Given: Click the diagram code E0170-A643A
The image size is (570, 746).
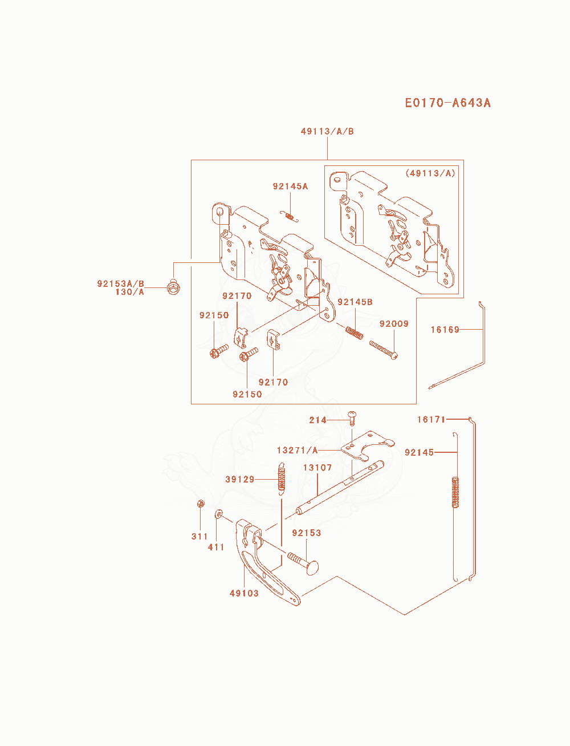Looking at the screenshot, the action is [447, 103].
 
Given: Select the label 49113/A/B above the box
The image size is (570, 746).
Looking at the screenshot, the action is [327, 131].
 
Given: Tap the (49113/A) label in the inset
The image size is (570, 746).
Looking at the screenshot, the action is [430, 173].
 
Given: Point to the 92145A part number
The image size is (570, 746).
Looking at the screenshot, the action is [290, 186].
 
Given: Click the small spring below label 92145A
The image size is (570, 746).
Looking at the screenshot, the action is [290, 217].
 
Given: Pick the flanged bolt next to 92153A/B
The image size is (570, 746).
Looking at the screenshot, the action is [173, 287].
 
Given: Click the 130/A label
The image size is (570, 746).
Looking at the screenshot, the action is [130, 292].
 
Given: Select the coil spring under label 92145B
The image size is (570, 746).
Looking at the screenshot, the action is [355, 333].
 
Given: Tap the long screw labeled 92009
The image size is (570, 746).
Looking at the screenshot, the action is [384, 350].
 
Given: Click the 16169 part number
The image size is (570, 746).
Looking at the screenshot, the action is [445, 329].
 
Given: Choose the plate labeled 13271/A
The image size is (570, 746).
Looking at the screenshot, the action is [367, 445].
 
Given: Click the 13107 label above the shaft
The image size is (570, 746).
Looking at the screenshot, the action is [317, 467].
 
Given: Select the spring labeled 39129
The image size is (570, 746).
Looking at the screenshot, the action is [282, 479].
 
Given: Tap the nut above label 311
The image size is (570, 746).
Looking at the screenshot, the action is [201, 504].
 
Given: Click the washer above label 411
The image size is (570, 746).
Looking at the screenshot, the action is [219, 514].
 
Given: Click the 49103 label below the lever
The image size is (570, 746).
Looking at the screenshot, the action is [244, 593].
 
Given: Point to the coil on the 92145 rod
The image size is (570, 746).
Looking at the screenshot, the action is [455, 492].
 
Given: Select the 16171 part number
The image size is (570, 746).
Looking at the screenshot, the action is [431, 419].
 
